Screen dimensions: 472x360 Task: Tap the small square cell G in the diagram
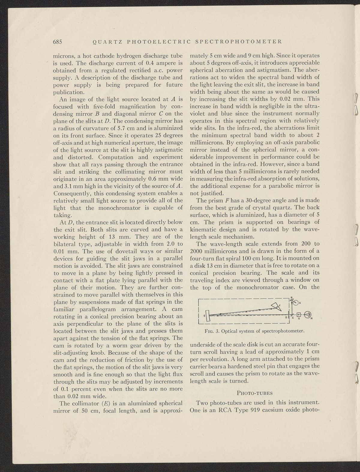298,315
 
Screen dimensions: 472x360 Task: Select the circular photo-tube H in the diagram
307,314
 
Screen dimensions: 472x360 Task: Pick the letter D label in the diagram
286,317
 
